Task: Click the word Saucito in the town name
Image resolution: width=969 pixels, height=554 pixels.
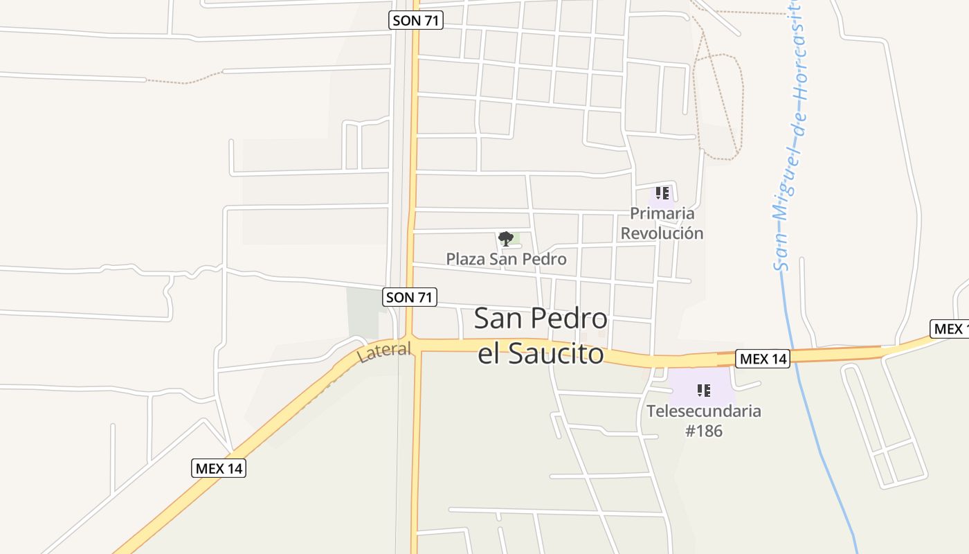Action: click(556, 355)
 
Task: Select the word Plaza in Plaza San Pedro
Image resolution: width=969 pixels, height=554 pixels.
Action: click(465, 259)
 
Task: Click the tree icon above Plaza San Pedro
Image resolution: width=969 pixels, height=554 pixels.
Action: click(506, 239)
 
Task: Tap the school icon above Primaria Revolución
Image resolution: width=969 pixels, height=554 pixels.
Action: click(662, 193)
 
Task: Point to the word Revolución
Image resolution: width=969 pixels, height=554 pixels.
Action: click(662, 233)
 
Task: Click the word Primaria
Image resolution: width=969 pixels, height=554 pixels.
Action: click(662, 213)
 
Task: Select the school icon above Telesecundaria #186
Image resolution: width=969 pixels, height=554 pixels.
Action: click(704, 391)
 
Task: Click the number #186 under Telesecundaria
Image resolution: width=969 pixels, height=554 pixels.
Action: click(704, 431)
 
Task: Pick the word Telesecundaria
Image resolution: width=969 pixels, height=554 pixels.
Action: click(704, 411)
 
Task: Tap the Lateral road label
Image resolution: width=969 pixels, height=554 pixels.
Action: click(384, 352)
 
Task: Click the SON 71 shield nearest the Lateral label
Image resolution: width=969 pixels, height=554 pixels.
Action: click(410, 298)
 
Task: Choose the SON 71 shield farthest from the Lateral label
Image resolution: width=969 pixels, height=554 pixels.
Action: click(415, 20)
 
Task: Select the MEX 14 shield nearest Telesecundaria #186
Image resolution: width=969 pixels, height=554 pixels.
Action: click(763, 359)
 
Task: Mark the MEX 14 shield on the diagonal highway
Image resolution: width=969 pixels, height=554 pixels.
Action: click(219, 468)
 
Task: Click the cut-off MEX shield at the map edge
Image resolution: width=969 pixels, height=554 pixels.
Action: click(949, 329)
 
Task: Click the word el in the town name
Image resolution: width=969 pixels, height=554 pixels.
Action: click(490, 355)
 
